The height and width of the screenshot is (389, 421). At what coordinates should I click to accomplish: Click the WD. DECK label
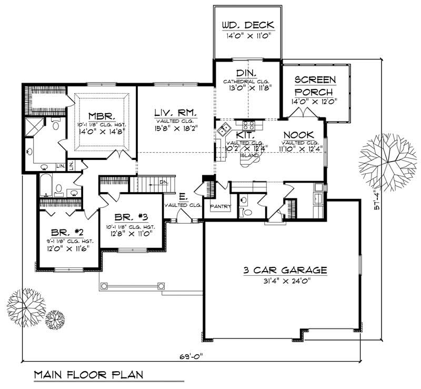coord(247,25)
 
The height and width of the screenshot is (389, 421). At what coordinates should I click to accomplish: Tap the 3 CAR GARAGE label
coord(285,271)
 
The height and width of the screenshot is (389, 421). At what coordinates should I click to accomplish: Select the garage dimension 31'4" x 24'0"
coord(285,281)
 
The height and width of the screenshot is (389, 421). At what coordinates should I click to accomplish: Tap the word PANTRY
coord(220,206)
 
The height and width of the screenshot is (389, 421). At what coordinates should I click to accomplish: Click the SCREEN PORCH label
coord(315,85)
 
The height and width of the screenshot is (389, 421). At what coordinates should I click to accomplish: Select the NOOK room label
coord(298,135)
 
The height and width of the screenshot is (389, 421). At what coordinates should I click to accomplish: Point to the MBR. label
coord(99,116)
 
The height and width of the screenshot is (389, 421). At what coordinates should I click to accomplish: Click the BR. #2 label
coord(65,232)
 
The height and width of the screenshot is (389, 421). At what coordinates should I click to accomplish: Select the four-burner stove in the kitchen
coord(248,125)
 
